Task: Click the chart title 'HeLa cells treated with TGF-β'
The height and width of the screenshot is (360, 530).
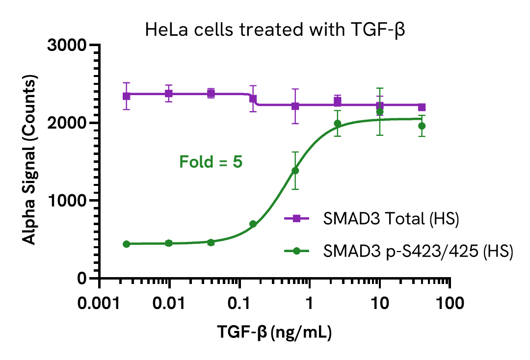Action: pos(277,30)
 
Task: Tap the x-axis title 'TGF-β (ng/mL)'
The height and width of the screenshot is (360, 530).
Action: pos(275,334)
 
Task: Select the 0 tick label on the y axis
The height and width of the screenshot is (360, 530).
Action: pos(81,279)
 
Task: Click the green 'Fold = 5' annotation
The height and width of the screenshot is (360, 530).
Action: pos(211,161)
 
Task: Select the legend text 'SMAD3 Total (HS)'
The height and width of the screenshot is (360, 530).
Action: pos(391,220)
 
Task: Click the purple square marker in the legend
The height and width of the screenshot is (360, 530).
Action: pos(296,220)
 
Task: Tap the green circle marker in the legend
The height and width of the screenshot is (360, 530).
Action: pos(296,251)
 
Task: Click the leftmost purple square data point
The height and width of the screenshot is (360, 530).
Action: pos(126,96)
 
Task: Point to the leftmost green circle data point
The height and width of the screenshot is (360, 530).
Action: pos(126,244)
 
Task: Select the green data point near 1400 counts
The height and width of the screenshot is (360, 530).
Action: pos(295,171)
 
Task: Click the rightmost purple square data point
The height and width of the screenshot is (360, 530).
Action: pos(422,107)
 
